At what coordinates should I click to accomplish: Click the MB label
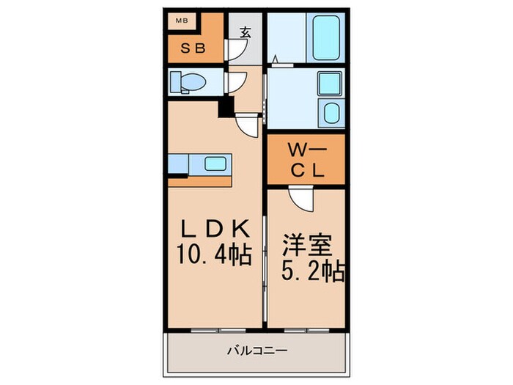point(182,21)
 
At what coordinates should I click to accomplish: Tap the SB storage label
point(193,48)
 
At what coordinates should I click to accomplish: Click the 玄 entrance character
point(246,32)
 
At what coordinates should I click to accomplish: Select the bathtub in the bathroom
point(326,37)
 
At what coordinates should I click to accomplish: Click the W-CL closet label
point(307,160)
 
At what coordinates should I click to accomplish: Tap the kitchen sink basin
point(215,164)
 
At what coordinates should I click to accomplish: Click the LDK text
point(216,229)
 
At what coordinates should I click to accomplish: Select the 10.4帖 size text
point(214,254)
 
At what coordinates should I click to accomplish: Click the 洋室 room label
point(307,245)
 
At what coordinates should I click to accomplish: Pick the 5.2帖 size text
point(313,271)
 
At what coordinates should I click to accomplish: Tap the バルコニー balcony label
point(257,351)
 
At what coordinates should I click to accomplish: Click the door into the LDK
point(247,125)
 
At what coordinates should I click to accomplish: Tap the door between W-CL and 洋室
point(301,199)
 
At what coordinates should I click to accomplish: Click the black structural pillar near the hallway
point(226,107)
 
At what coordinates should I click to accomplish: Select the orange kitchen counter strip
point(199,182)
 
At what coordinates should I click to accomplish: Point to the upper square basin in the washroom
point(330,84)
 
